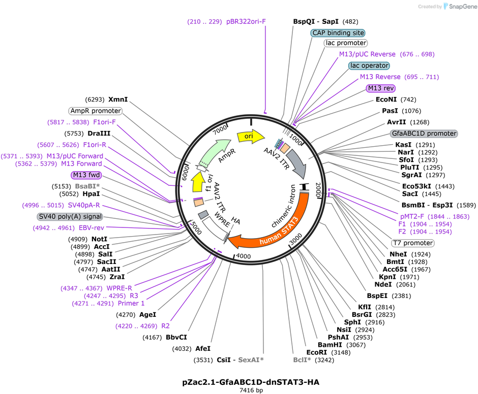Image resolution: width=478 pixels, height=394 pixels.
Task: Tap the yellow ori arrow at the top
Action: point(251,136)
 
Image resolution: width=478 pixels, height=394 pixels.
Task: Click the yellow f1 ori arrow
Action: point(198,182)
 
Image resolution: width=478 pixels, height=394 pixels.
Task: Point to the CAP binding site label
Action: point(338,33)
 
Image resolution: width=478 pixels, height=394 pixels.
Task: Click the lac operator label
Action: point(369,65)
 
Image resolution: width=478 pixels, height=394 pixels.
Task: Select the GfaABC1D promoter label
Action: point(424,134)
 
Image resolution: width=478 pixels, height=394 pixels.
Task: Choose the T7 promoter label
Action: point(413,243)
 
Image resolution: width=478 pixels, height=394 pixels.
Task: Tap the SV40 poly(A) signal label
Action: point(70,216)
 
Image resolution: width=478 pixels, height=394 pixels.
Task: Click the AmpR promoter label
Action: point(96,111)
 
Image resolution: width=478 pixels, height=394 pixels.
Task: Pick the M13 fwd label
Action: point(86,175)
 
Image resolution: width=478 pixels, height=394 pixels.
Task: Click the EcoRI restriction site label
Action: point(316,352)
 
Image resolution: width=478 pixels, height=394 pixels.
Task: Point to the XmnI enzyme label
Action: point(118,99)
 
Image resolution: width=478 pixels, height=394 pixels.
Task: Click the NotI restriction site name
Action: point(99,239)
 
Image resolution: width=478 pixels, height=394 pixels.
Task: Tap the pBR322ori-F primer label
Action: point(246,22)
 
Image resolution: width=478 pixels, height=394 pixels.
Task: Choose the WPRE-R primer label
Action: point(119,288)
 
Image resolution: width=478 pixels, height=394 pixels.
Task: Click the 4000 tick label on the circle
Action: point(243,256)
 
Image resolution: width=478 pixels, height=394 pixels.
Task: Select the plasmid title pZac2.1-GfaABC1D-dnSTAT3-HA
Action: point(251,382)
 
